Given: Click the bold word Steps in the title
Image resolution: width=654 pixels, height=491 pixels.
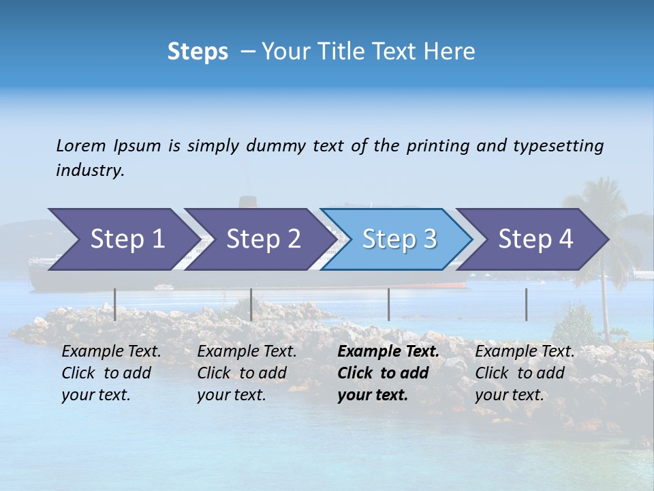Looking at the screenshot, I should [198, 52].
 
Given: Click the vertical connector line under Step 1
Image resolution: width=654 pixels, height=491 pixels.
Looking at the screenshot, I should [115, 304].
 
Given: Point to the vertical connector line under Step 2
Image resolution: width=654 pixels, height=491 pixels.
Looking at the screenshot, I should [251, 304].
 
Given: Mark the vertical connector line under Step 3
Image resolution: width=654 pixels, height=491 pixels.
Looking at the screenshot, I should [388, 304].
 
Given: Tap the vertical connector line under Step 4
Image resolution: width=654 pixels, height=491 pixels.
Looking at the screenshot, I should [526, 304].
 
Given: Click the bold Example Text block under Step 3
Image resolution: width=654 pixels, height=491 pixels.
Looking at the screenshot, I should [388, 373].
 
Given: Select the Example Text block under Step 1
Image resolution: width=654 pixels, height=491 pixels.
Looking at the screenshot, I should [111, 373].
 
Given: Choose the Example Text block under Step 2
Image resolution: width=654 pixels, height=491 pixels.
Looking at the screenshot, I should [247, 373].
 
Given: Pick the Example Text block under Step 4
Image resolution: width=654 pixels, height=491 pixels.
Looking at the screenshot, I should [525, 373].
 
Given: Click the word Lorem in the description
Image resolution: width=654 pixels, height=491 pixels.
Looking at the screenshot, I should [81, 146].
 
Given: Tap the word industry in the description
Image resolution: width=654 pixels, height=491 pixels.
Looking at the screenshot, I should [89, 170].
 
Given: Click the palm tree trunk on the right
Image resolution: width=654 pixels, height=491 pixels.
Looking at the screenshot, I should [605, 307].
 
